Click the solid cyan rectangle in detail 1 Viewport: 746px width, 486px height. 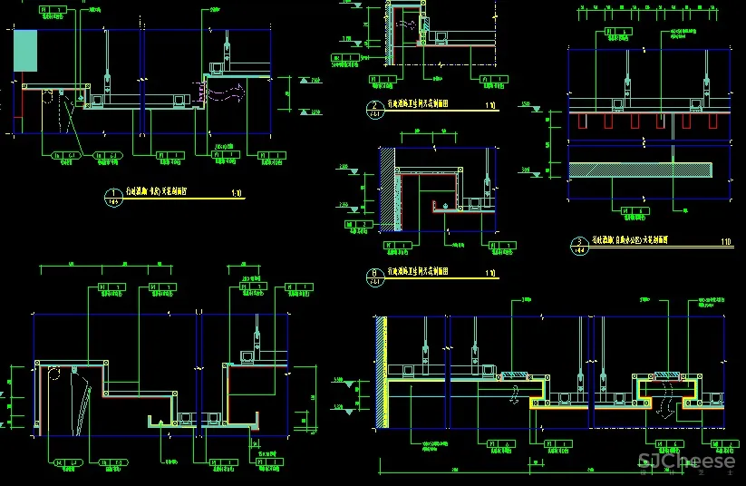click(x=24, y=50)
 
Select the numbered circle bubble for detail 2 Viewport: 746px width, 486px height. click(x=374, y=109)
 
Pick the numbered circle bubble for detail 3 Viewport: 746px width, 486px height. click(x=578, y=243)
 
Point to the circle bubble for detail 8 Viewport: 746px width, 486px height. click(x=373, y=275)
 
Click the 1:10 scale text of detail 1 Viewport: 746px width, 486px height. click(x=237, y=193)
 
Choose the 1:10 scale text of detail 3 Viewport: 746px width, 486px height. click(x=725, y=241)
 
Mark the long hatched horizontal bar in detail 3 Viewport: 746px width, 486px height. click(x=647, y=169)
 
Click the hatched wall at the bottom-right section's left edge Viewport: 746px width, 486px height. click(x=383, y=372)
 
